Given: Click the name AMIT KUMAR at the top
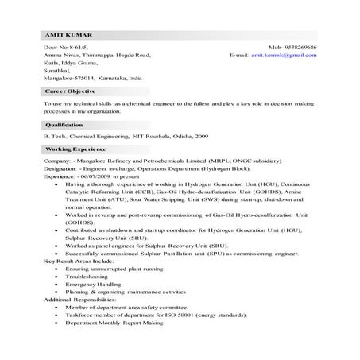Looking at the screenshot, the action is (x=63, y=37).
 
